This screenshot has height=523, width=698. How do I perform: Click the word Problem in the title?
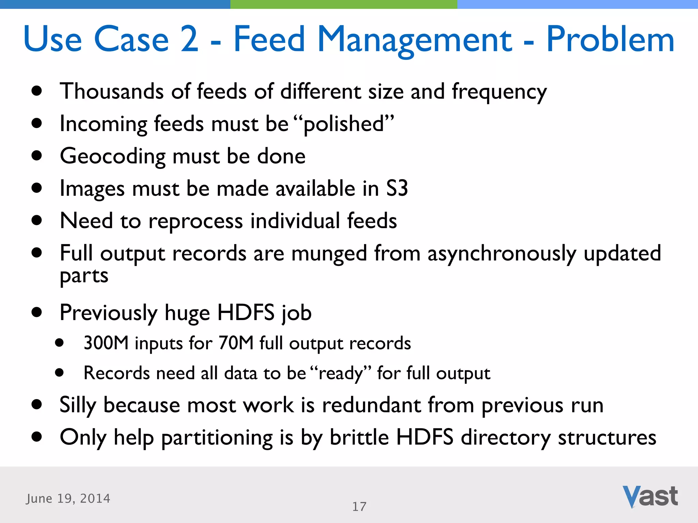610,39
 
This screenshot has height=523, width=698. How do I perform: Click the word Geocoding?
112,157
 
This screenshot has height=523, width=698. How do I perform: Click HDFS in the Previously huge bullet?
246,313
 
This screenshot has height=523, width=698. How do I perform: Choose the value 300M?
106,343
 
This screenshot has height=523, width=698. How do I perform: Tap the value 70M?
236,343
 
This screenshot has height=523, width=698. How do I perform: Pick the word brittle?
359,437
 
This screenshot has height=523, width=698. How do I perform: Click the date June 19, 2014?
68,498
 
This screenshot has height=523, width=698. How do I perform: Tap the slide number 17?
359,507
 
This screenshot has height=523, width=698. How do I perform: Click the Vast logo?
650,496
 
